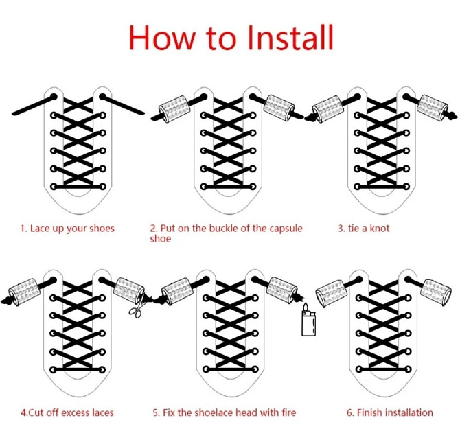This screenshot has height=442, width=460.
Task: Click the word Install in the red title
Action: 290,38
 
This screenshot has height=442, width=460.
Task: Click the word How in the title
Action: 162,38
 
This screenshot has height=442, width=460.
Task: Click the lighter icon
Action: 309,321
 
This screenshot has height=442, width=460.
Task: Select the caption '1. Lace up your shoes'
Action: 67,229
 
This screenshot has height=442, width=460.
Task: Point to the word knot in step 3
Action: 379,228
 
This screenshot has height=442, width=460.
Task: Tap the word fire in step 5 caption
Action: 289,412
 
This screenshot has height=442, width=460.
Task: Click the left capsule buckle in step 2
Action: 174,108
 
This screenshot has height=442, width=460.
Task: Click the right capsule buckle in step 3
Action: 433,107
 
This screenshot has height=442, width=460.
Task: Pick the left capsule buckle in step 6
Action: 331,293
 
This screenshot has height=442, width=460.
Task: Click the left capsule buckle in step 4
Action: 24,292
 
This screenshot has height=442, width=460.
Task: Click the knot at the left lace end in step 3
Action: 310,117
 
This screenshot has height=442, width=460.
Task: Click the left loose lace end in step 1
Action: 33,105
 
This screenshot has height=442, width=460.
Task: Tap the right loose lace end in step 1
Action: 122,104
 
